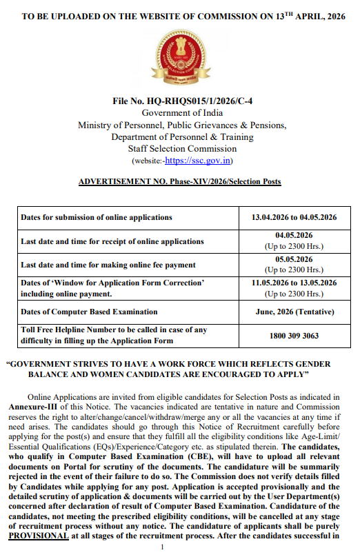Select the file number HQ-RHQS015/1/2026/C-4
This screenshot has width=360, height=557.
coord(181,101)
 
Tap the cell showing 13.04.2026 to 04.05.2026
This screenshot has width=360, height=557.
coord(294,217)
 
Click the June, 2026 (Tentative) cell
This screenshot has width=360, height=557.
coord(294,312)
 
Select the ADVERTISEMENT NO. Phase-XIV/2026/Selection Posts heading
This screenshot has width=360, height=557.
coord(180,181)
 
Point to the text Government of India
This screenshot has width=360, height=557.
coord(181,112)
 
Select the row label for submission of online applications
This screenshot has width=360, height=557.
coord(97,217)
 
